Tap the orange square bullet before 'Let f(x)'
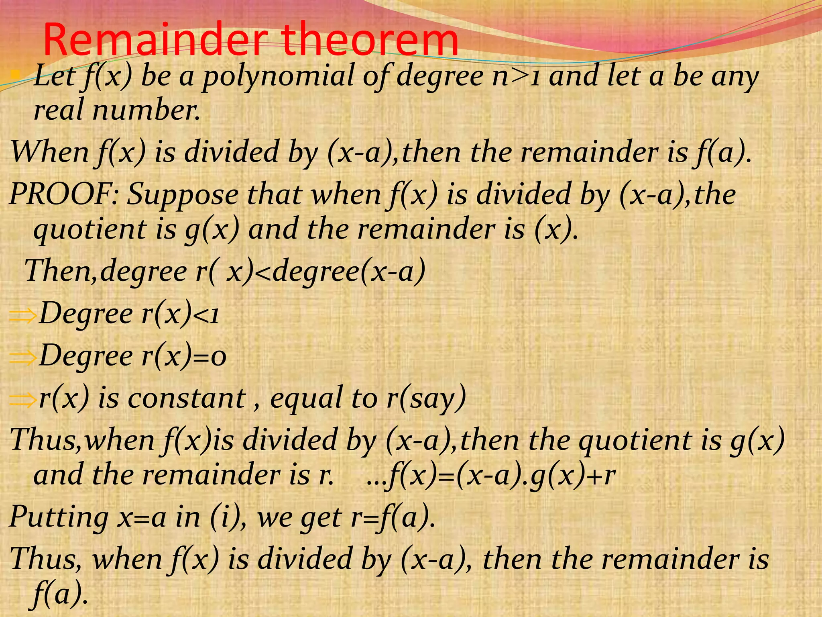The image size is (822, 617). tap(15, 74)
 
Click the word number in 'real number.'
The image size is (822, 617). tap(146, 110)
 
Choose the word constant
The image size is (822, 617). tap(187, 398)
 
